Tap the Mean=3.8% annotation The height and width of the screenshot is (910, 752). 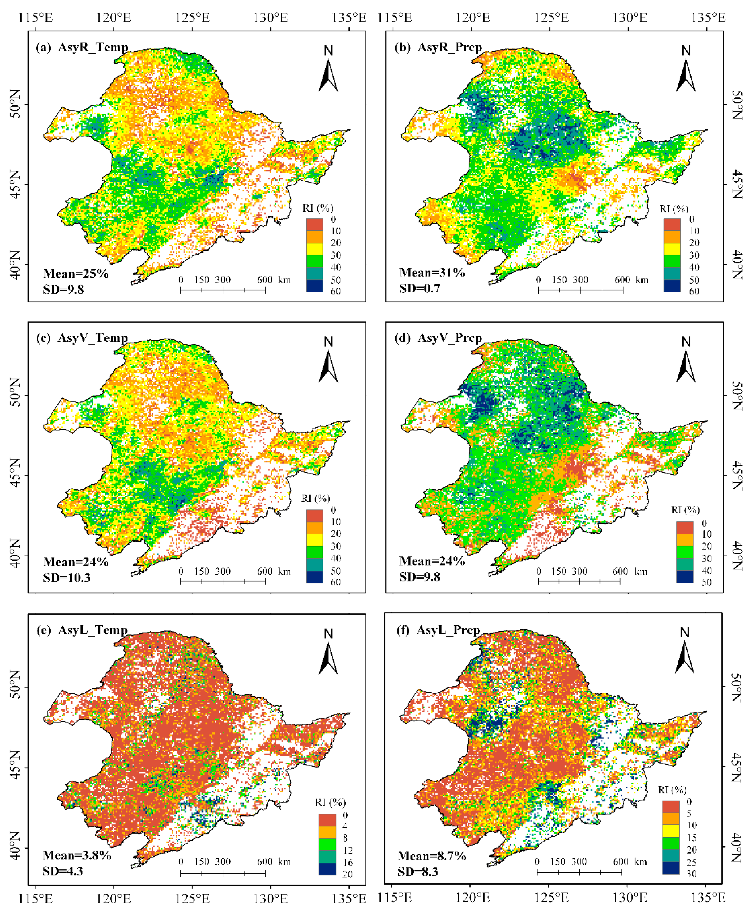tap(77, 855)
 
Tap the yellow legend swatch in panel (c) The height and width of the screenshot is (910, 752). tap(314, 540)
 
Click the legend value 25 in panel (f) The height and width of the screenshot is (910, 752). tap(691, 862)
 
